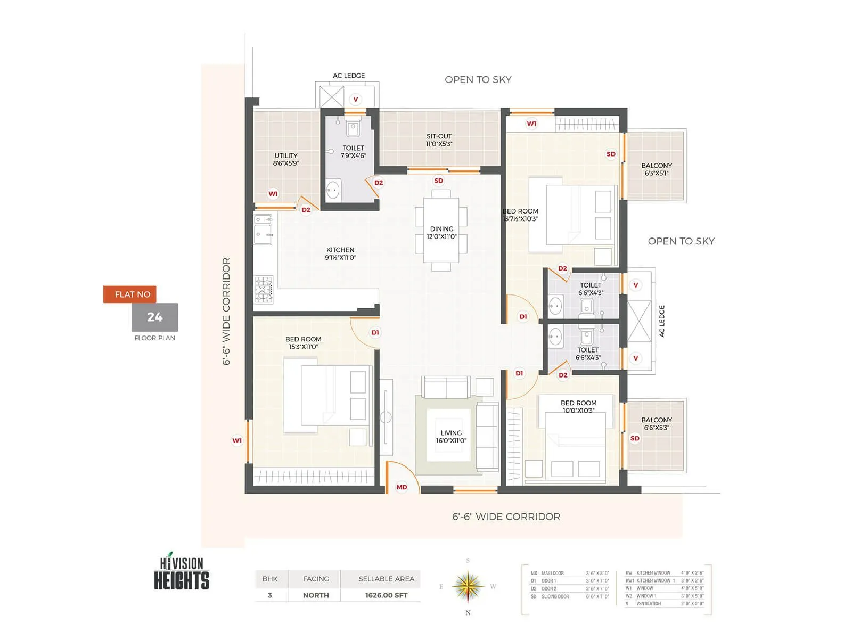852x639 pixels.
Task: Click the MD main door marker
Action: [x=402, y=487]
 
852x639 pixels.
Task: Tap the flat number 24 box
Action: [x=155, y=317]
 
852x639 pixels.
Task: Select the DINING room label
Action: [x=441, y=233]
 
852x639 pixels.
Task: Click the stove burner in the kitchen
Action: [x=263, y=289]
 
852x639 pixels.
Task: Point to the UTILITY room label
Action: [x=286, y=159]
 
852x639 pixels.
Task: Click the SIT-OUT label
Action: [x=439, y=140]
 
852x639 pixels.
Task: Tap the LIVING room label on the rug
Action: [x=451, y=437]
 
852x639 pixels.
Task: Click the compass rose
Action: [x=468, y=586]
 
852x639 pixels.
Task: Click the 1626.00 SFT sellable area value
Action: [x=386, y=595]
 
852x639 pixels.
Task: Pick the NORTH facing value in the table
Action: [x=316, y=595]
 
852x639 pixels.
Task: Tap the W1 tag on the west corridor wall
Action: [x=237, y=440]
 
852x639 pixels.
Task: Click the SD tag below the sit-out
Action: [x=438, y=181]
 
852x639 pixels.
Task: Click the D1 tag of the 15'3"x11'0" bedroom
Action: [x=375, y=332]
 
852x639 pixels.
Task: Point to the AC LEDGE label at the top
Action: [x=349, y=76]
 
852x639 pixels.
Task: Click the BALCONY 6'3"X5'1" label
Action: [x=656, y=169]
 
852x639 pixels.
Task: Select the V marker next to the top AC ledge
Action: [x=356, y=99]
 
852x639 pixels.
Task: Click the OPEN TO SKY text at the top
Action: [x=478, y=80]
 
